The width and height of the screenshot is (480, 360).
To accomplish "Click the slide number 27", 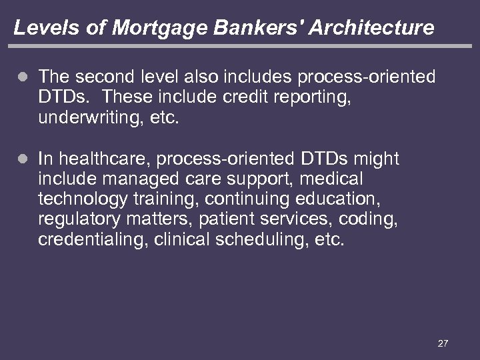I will (443, 343).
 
